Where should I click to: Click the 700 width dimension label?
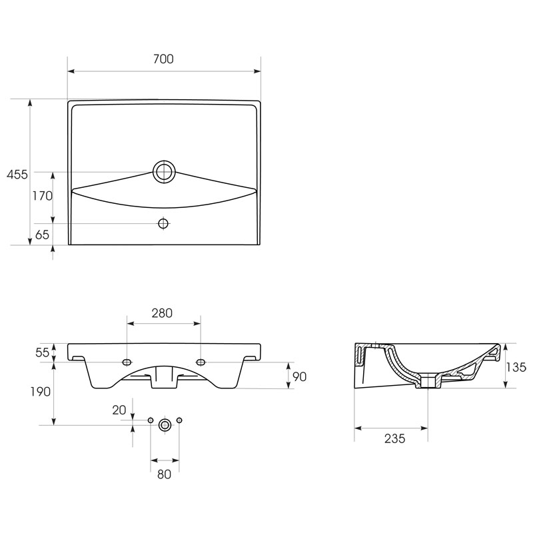click(x=163, y=59)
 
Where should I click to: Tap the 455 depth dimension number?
click(x=17, y=175)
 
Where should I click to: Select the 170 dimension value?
click(x=43, y=196)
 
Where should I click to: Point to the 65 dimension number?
click(x=42, y=235)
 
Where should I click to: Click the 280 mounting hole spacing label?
click(x=162, y=313)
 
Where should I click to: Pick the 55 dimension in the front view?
click(x=43, y=352)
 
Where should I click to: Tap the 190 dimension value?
click(x=41, y=392)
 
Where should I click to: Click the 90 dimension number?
click(x=299, y=376)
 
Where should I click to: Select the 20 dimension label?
click(x=119, y=410)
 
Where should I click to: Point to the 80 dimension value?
click(x=164, y=474)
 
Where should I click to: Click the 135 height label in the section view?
click(x=516, y=367)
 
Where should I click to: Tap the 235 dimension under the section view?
click(x=395, y=438)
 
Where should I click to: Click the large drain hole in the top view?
click(x=165, y=172)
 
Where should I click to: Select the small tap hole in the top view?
click(x=163, y=224)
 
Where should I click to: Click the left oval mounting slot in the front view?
click(x=127, y=362)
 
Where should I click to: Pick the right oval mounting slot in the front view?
click(x=201, y=362)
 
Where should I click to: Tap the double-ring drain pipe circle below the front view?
click(x=165, y=425)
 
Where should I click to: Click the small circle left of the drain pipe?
click(x=151, y=420)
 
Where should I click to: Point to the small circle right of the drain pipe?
click(x=179, y=420)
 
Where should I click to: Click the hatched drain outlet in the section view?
click(x=428, y=381)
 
